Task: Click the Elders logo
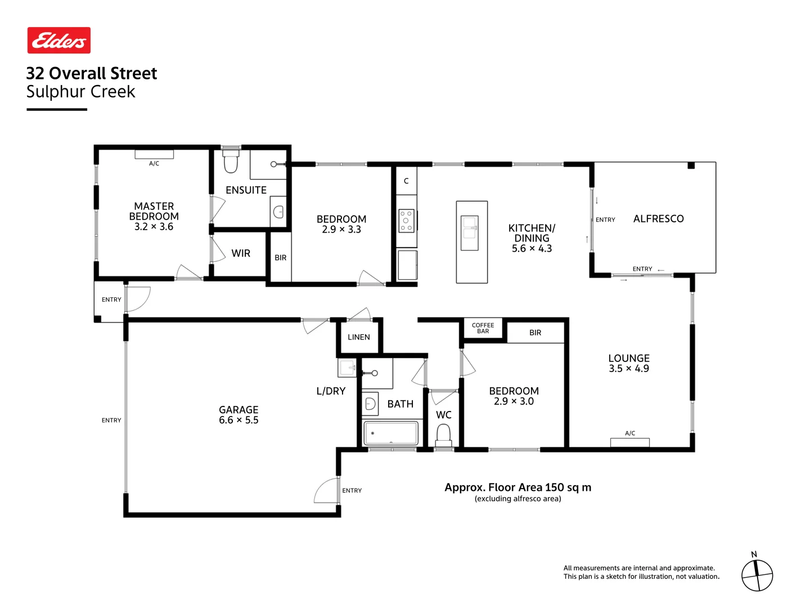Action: coord(59,41)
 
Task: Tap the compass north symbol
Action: coord(757,575)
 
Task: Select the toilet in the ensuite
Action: coord(231,161)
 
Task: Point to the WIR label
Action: coord(241,253)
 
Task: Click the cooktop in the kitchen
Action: coord(406,221)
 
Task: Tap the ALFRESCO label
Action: coord(658,218)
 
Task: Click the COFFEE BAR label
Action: coord(483,328)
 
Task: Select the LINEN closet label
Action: coord(359,337)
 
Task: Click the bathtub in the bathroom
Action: coord(391,433)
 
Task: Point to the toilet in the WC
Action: coord(444,434)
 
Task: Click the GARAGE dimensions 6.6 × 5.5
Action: coord(238,420)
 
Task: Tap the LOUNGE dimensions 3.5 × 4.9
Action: coord(628,369)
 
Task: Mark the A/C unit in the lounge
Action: coord(630,442)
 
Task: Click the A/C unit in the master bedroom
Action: coord(154,154)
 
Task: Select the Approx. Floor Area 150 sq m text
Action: coord(517,488)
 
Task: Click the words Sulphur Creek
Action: coord(81,92)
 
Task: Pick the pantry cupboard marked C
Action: coord(406,181)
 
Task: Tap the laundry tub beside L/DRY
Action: coord(347,368)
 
